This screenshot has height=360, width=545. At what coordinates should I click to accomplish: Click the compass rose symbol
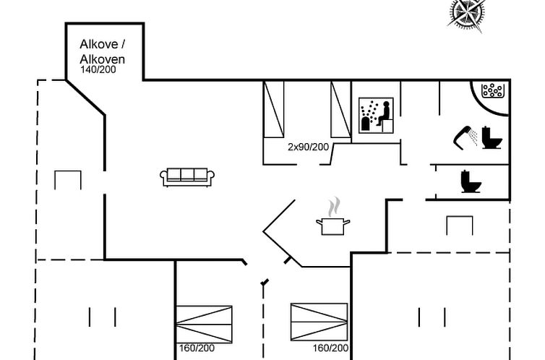pos(466,14)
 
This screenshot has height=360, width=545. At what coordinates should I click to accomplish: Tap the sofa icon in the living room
pos(187,177)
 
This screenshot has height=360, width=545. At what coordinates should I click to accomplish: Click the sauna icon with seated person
pos(376,116)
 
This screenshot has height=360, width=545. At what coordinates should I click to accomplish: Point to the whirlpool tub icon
pos(492,90)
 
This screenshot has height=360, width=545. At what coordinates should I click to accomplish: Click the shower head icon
pos(465,137)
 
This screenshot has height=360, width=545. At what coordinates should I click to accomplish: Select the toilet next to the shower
pos(492,138)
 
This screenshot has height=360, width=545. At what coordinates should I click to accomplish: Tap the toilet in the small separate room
pos(471,181)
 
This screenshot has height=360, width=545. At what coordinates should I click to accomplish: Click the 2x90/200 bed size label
pos(309,147)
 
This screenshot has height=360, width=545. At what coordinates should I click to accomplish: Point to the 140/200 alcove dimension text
pos(98,69)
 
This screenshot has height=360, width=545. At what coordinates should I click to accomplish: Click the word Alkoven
pos(102,59)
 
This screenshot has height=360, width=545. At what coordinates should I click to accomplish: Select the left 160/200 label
pos(197,348)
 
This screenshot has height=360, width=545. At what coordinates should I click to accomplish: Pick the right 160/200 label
pos(330,348)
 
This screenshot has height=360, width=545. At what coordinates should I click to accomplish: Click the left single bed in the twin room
pos(274,109)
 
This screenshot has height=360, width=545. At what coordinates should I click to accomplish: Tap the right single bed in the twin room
pos(340,109)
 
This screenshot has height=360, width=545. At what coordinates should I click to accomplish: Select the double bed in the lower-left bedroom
pos(204,324)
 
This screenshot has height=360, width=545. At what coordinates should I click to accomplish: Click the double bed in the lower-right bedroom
pos(319,322)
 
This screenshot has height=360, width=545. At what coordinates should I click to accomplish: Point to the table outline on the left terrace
pos(68,180)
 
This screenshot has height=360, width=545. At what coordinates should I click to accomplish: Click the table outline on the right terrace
pos(460,226)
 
